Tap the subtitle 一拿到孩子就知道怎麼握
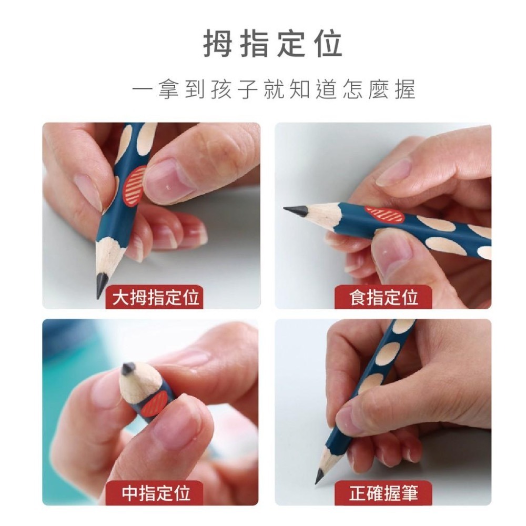[x=274, y=90]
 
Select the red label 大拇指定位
[x=156, y=298]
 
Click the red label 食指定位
[x=383, y=298]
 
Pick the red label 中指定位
[x=156, y=493]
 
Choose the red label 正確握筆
[x=383, y=493]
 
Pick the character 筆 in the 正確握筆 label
[x=407, y=493]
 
